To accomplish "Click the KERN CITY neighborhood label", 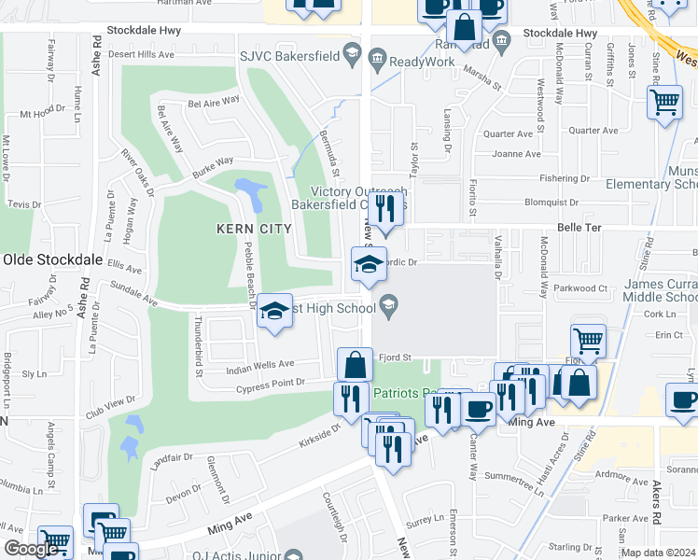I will (x=255, y=229).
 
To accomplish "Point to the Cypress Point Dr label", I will (x=271, y=383).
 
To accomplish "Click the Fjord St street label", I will (x=395, y=357).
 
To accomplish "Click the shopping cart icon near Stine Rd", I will (x=664, y=102).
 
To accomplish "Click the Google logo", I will (x=32, y=549).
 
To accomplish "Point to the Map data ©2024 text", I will (x=658, y=553).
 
